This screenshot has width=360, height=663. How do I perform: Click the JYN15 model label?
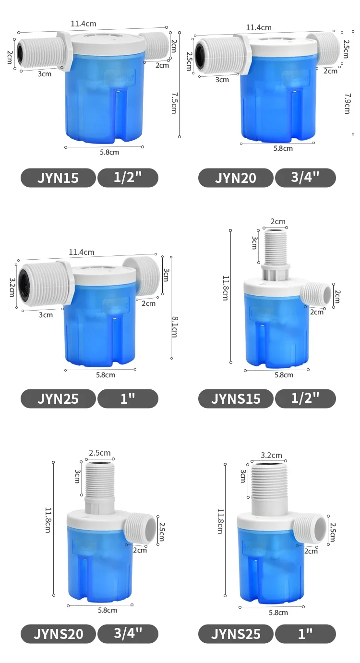point(58,178)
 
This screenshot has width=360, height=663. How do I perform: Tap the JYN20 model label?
point(236,178)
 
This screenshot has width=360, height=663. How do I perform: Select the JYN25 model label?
point(58,398)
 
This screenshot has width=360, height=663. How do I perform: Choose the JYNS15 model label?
point(236,398)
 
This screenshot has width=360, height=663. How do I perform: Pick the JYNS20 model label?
point(58,634)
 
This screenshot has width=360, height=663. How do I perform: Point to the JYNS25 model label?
point(236,634)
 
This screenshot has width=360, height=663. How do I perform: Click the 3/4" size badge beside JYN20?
point(305,178)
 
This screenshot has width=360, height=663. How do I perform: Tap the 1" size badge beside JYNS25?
point(305,634)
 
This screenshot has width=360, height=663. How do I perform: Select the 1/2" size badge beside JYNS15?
point(305,398)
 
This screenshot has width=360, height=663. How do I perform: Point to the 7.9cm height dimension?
point(347,103)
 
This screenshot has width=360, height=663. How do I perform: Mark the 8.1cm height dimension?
point(174,326)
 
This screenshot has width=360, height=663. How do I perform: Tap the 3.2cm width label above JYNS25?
point(271,455)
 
